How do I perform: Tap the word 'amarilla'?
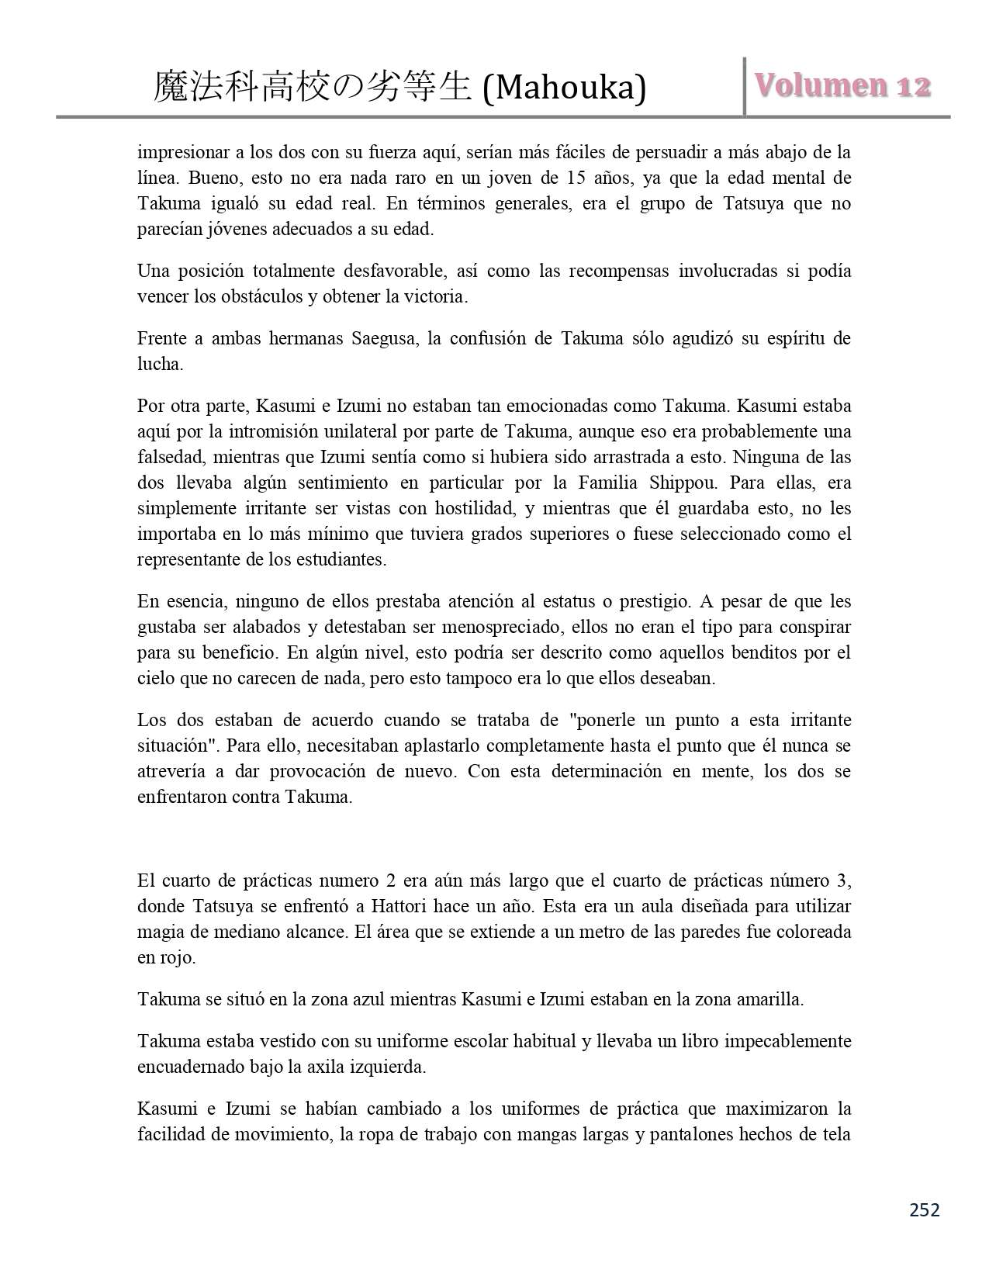coord(770,998)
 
